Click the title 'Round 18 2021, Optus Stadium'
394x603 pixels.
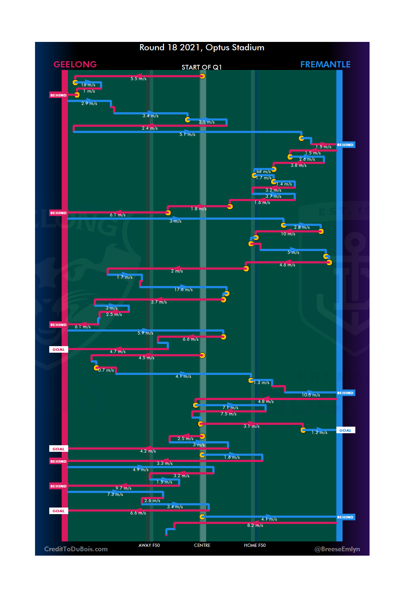(202, 48)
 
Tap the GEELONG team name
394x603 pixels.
(75, 64)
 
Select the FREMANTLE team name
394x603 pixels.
(325, 64)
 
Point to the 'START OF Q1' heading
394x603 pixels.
(202, 67)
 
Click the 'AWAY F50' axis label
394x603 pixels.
(149, 545)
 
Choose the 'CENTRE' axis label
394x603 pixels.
(202, 545)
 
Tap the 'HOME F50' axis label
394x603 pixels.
(255, 545)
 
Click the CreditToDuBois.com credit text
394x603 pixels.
(76, 549)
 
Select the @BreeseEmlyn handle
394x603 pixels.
(337, 549)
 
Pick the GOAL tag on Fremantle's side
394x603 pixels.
(345, 430)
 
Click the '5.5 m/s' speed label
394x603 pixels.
(139, 79)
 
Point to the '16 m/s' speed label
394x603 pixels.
(88, 85)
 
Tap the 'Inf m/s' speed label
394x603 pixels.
(263, 172)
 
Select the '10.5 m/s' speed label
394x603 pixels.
(311, 395)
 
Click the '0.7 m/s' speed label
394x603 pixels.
(106, 370)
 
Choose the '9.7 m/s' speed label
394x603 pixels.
(123, 488)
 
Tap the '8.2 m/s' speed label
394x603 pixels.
(255, 525)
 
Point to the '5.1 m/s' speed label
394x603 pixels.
(187, 134)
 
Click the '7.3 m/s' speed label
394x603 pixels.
(115, 494)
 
